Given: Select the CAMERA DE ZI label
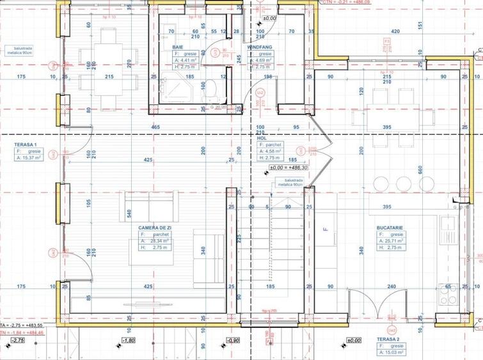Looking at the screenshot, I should coord(155,227).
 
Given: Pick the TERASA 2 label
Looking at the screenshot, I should coord(389,338).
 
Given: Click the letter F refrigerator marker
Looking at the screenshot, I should coord(325,228).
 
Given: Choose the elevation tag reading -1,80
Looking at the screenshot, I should coord(129,341).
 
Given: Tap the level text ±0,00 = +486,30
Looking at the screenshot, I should coord(289,167).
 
